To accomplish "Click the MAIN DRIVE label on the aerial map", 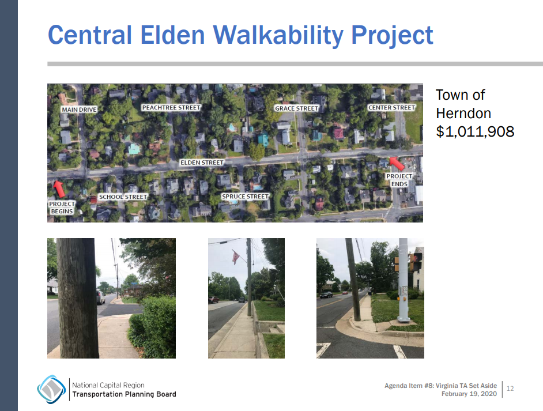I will [x=79, y=110].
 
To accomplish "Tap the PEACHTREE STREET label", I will [x=171, y=108].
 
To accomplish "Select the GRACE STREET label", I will [x=296, y=108].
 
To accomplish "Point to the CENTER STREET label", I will [x=391, y=108].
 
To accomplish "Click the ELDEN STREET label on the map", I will [x=201, y=163].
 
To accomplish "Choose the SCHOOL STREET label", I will [x=123, y=197].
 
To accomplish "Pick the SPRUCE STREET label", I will [x=246, y=197].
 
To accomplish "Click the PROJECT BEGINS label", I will [x=61, y=208].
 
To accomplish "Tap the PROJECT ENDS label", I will [x=399, y=180].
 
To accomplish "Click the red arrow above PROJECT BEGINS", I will [x=58, y=188].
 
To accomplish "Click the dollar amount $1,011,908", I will [x=474, y=131].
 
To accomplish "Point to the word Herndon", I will [x=463, y=113].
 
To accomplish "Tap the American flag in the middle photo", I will [x=235, y=257].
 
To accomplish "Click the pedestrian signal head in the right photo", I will [x=415, y=263].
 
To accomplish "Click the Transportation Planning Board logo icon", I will [x=51, y=389].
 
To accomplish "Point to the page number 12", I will [x=510, y=389].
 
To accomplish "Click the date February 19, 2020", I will [x=469, y=394].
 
